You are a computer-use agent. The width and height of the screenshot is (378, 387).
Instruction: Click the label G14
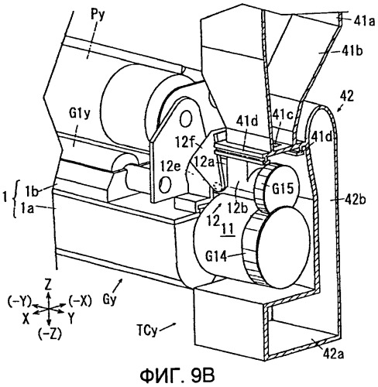coord(216,256)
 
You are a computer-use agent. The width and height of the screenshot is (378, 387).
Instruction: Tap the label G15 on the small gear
coord(283,189)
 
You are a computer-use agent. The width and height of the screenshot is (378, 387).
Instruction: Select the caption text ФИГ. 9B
coord(177,375)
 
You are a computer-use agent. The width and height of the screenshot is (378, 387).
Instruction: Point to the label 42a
coord(333,354)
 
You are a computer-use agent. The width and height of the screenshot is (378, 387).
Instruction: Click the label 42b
coord(355,199)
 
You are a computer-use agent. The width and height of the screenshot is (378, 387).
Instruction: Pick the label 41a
coord(364,22)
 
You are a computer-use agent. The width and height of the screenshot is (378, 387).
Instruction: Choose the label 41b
coord(352,51)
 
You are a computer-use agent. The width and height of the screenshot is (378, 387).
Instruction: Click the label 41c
coord(283,115)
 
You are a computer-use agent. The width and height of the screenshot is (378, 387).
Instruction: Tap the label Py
coord(98,16)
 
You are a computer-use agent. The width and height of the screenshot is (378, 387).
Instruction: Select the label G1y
coord(80,115)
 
